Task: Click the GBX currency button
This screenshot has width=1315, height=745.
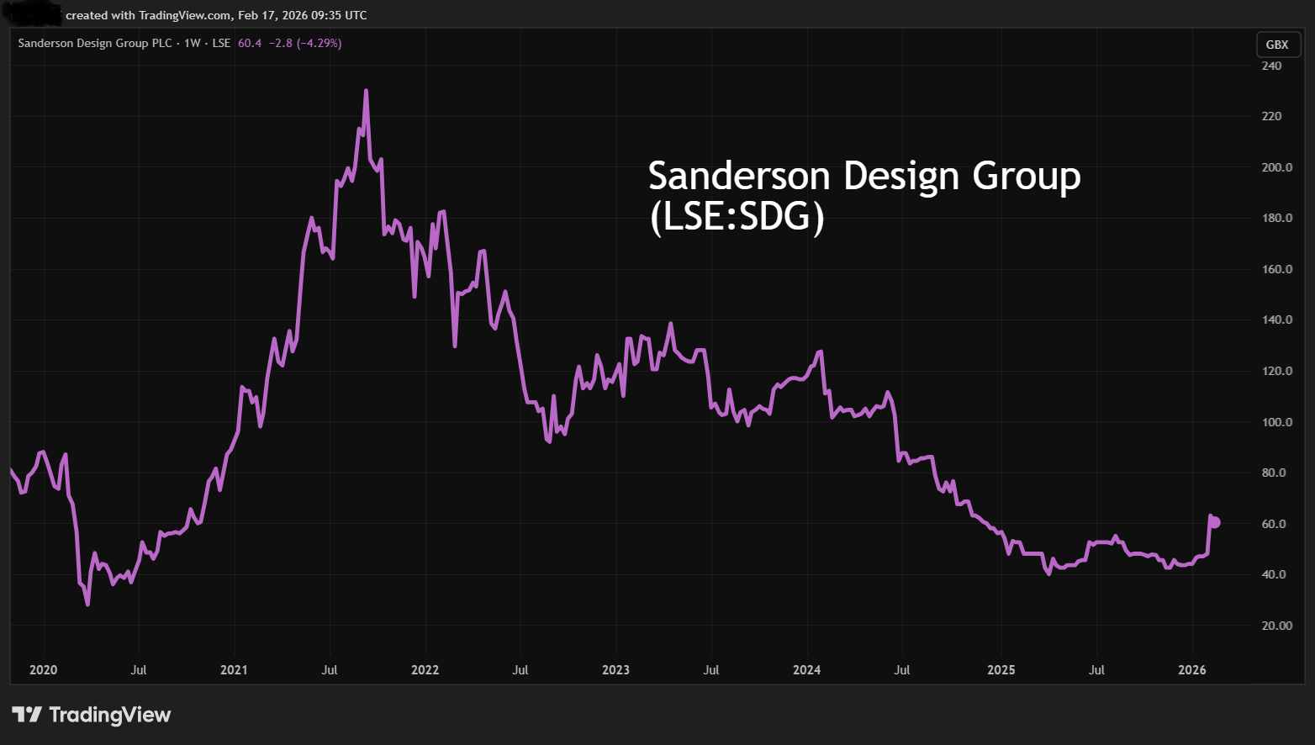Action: pyautogui.click(x=1276, y=45)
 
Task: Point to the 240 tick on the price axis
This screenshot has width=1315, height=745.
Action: pyautogui.click(x=1271, y=66)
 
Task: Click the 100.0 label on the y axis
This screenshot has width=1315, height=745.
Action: pyautogui.click(x=1276, y=422)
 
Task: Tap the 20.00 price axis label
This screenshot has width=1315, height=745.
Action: pyautogui.click(x=1276, y=626)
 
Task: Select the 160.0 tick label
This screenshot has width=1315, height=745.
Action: pyautogui.click(x=1276, y=269)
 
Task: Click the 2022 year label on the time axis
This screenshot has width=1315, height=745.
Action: pyautogui.click(x=425, y=670)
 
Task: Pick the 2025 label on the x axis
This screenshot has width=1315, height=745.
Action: pyautogui.click(x=1001, y=670)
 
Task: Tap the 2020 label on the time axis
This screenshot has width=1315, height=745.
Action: pyautogui.click(x=43, y=670)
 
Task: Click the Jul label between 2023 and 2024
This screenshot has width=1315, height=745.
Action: pyautogui.click(x=711, y=670)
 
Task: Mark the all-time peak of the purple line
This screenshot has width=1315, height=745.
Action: pyautogui.click(x=366, y=91)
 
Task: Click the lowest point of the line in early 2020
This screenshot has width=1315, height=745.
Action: pyautogui.click(x=87, y=604)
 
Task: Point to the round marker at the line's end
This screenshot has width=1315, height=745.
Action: pyautogui.click(x=1214, y=522)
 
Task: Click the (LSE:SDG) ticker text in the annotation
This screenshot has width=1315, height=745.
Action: pyautogui.click(x=737, y=217)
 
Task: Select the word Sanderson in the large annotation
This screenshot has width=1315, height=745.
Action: pyautogui.click(x=739, y=176)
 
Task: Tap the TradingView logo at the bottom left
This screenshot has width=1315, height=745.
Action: pyautogui.click(x=91, y=715)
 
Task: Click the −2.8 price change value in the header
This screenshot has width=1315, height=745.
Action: pyautogui.click(x=280, y=43)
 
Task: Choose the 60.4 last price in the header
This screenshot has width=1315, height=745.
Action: pyautogui.click(x=250, y=43)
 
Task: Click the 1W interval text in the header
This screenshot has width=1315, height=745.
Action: pyautogui.click(x=193, y=43)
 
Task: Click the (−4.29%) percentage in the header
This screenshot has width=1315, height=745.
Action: pyautogui.click(x=319, y=43)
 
